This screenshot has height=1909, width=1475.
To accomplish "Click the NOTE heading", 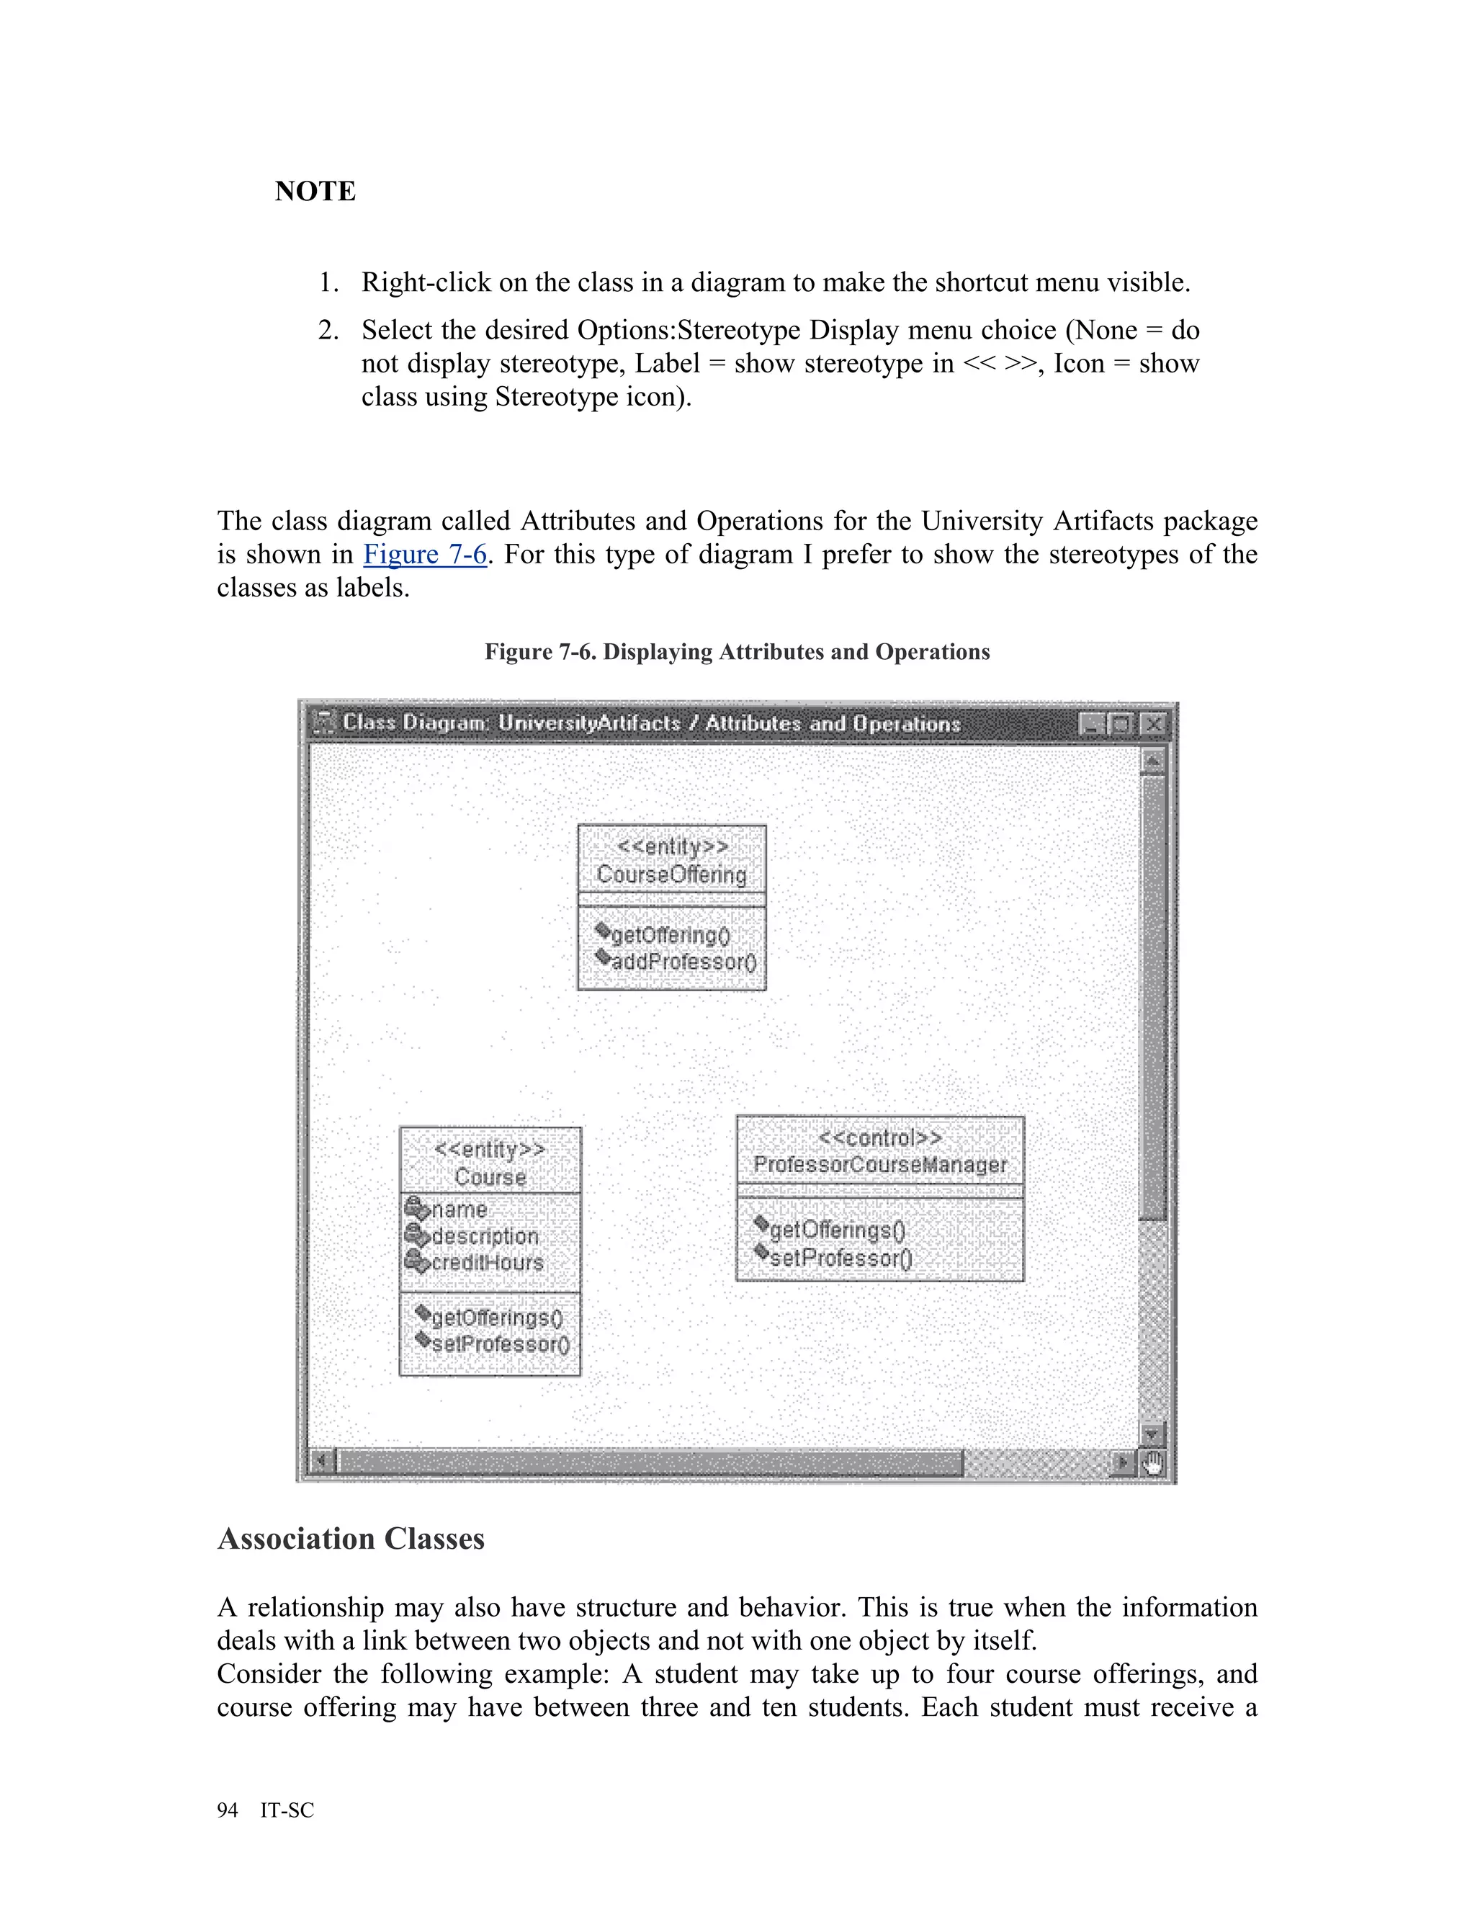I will (315, 192).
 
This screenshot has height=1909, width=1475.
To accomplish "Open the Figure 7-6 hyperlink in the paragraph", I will (425, 554).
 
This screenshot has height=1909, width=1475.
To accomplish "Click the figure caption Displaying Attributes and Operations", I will (737, 652).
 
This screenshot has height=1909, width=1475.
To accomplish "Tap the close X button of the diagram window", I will (1155, 725).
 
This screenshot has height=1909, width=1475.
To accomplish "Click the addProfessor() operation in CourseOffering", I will (683, 962).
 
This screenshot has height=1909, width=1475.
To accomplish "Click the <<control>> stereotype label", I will (880, 1138).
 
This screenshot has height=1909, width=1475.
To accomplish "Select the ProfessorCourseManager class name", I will (880, 1165).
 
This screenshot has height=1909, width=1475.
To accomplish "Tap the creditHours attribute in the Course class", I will (487, 1263).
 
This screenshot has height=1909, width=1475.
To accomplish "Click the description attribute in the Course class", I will (485, 1237).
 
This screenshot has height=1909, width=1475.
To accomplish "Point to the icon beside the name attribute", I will (417, 1209).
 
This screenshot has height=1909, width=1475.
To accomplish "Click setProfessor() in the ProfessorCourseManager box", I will (840, 1258).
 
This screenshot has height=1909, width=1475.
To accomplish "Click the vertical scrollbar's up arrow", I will (1152, 762).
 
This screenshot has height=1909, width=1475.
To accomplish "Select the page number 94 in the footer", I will (227, 1810).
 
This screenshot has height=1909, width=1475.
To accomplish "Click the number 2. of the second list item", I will (328, 331).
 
